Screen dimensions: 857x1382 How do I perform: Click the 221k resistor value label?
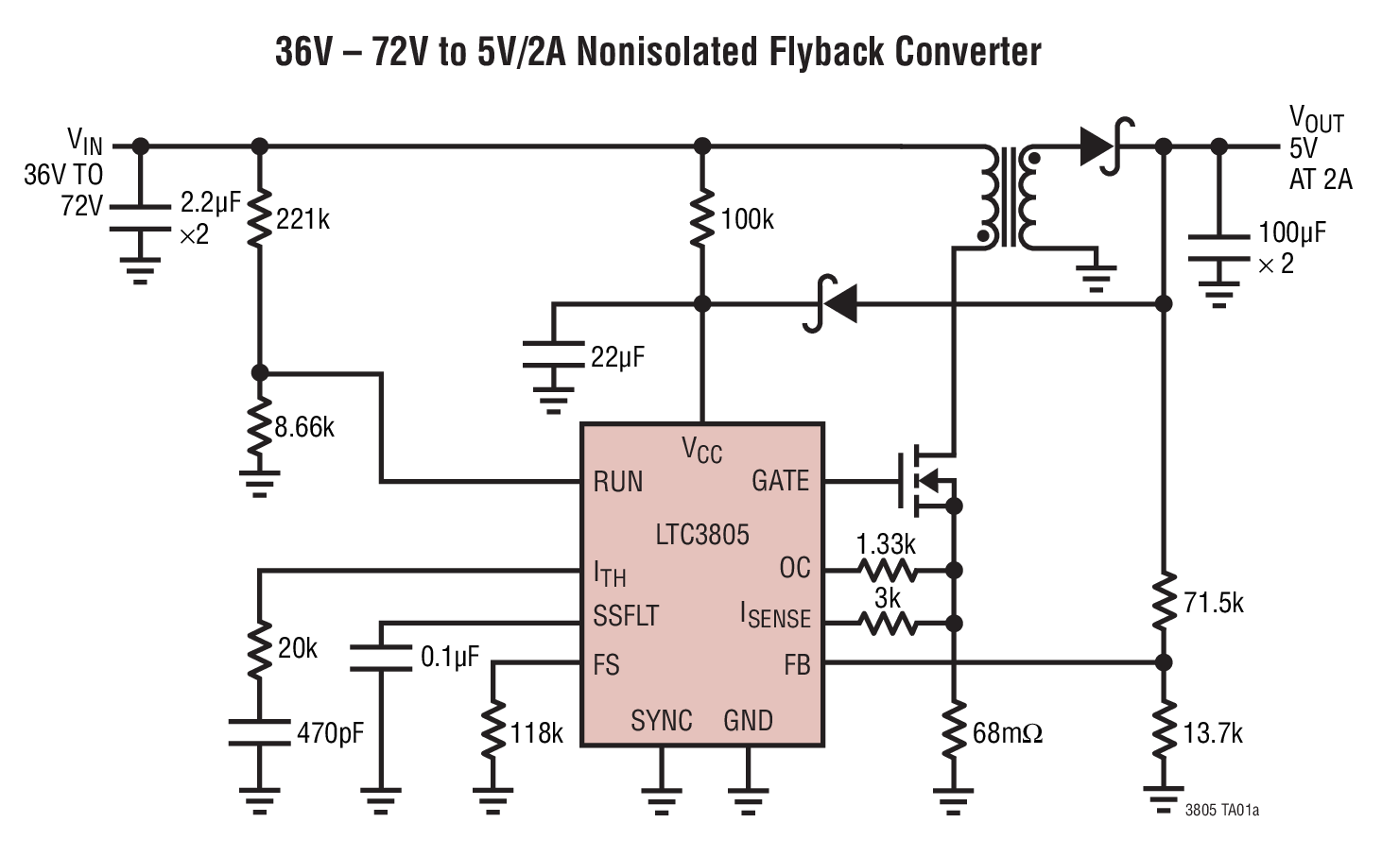click(303, 219)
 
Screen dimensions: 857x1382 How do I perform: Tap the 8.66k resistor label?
click(304, 427)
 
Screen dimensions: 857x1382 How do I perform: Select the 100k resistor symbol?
click(702, 219)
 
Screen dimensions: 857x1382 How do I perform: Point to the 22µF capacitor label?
click(617, 357)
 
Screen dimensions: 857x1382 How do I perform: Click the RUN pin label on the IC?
click(618, 482)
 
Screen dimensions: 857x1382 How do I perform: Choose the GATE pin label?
click(780, 481)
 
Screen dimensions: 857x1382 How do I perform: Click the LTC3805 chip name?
click(702, 535)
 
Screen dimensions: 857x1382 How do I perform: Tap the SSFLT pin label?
click(626, 616)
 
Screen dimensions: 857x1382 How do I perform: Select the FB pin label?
click(797, 665)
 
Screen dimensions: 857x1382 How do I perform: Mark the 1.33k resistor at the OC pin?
click(887, 570)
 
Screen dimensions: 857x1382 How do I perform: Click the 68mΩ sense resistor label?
click(1008, 733)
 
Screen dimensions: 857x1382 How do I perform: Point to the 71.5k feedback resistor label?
click(1214, 603)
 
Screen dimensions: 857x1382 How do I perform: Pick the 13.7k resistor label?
click(1214, 733)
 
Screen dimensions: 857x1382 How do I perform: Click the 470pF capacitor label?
click(330, 733)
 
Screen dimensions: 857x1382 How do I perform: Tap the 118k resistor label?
click(537, 733)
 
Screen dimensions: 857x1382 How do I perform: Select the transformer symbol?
click(1010, 197)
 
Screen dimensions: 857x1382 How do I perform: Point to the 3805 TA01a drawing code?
click(1221, 811)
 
